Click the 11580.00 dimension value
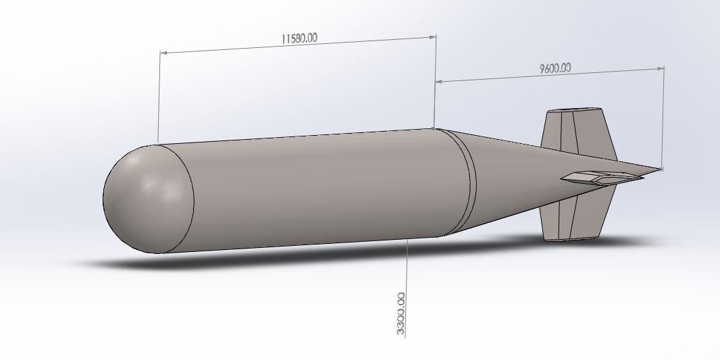299,38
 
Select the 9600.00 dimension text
555,68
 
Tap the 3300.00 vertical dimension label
401,313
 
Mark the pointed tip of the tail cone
661,168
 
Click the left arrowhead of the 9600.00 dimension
439,81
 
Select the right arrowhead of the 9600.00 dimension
659,68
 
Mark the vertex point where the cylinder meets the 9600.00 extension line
433,128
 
